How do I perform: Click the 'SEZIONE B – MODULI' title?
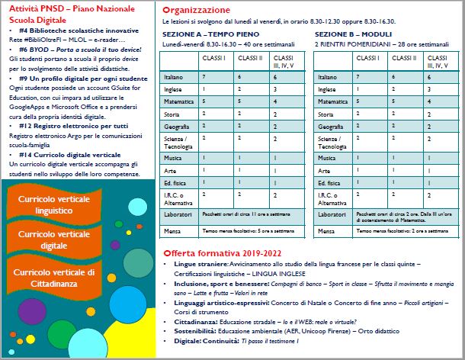(353, 34)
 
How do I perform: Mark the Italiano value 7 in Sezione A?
(204, 77)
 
